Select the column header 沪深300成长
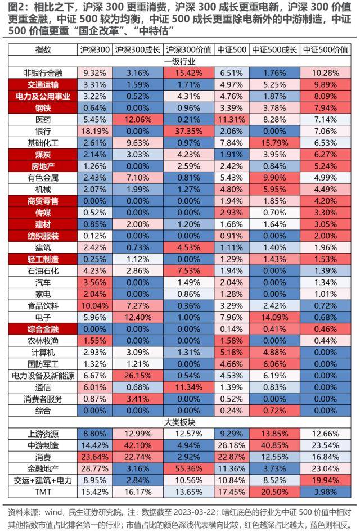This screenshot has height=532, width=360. [138, 49]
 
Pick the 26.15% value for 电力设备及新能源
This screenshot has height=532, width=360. [138, 376]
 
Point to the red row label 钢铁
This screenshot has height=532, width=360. [42, 107]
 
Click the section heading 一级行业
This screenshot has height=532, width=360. [180, 61]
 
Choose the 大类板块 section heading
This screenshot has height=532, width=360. [180, 422]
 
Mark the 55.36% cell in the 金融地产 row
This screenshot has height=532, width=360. [189, 468]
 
